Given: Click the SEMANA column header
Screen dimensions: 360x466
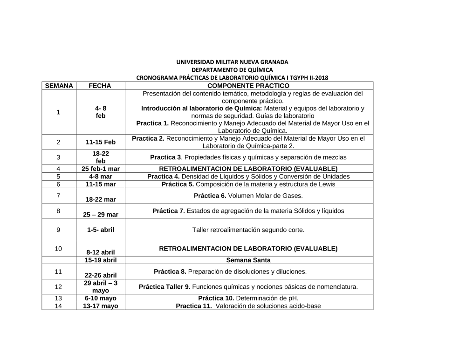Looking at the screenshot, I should click(59, 86).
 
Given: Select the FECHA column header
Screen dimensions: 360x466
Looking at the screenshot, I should click(100, 86).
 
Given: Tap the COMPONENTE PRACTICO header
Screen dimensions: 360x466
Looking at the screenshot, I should click(248, 86).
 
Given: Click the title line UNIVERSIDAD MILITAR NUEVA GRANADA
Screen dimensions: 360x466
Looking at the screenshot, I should click(232, 62).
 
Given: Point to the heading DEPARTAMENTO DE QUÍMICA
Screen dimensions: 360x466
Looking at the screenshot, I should click(232, 70).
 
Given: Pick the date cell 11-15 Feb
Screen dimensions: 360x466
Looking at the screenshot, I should click(100, 142).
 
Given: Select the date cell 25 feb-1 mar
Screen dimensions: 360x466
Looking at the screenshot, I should click(100, 169).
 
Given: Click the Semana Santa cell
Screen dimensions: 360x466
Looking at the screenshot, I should click(248, 260).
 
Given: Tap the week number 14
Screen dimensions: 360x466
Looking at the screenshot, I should click(58, 306).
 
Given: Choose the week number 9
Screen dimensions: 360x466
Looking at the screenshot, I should click(58, 230).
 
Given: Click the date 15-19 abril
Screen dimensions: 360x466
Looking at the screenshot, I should click(100, 260).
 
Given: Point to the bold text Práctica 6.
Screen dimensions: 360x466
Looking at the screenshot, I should click(210, 196).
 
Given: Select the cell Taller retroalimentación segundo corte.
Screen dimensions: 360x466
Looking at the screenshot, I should click(248, 230).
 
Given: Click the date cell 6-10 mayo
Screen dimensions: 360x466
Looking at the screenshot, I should click(100, 298).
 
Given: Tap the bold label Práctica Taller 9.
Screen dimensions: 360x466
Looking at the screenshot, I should click(164, 287).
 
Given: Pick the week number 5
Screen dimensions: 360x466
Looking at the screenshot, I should click(58, 177).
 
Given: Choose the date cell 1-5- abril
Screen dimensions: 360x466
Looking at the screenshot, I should click(100, 230).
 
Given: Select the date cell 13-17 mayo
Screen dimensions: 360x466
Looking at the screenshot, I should click(100, 306).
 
